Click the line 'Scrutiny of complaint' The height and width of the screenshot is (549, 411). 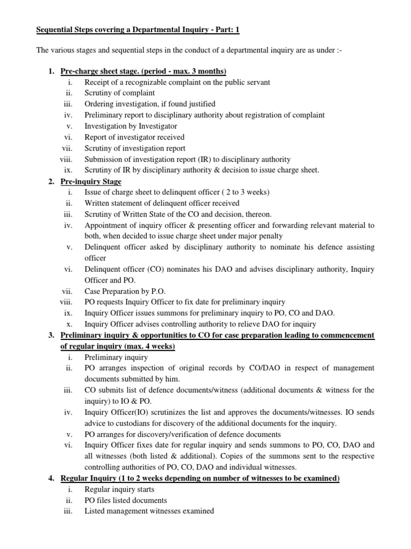click(x=120, y=93)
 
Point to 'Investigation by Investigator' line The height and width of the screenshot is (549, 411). click(x=131, y=126)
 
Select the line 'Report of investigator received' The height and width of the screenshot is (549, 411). click(x=134, y=137)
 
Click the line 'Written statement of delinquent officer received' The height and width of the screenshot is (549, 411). click(x=162, y=203)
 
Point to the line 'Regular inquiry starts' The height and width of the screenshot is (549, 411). click(x=119, y=489)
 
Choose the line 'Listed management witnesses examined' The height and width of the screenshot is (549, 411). click(x=149, y=511)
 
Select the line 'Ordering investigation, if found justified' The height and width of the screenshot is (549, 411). click(x=150, y=104)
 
